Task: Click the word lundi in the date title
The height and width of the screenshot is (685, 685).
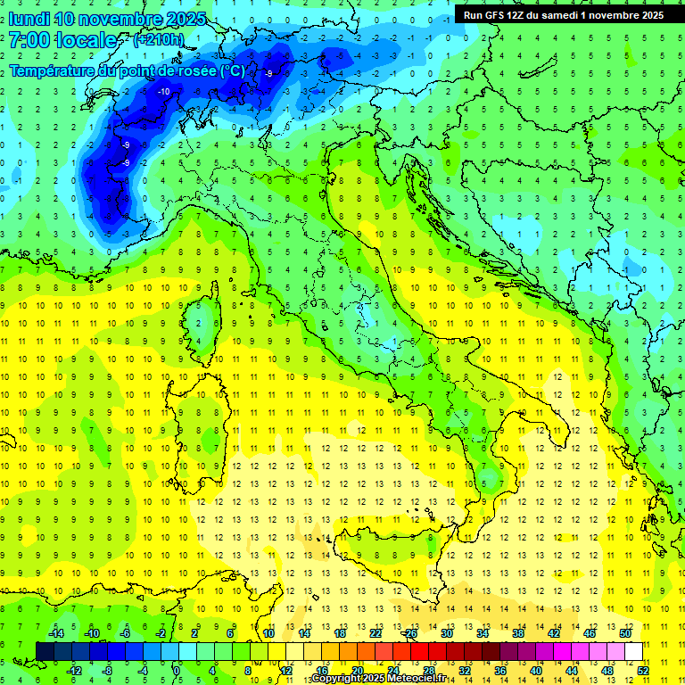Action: (29, 19)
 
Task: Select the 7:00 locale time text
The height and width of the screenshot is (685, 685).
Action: (62, 40)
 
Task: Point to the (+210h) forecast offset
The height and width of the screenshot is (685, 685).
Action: (158, 40)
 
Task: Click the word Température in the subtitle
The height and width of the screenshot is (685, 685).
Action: (52, 70)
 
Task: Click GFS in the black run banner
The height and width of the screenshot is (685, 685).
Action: (496, 15)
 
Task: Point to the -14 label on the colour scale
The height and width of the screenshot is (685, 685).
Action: (56, 633)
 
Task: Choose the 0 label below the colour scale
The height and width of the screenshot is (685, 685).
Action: (177, 671)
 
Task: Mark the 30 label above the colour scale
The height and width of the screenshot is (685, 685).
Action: (446, 633)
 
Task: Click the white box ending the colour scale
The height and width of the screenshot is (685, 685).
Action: (633, 651)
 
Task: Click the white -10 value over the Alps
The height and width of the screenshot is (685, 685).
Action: (163, 91)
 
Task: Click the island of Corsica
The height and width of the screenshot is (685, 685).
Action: (208, 317)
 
